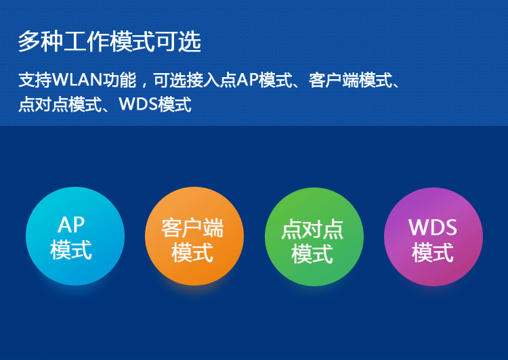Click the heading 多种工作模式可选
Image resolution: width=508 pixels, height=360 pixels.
coord(110,42)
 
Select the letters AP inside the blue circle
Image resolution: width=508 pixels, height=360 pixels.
coord(71,225)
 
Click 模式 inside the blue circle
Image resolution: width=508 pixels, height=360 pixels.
coord(71,250)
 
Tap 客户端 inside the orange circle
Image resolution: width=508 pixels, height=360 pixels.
coord(192,228)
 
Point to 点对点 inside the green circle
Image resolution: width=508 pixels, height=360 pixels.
coord(312,229)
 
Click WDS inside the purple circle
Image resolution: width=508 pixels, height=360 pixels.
coord(433,227)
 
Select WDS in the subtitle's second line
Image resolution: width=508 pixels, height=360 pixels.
coord(138,104)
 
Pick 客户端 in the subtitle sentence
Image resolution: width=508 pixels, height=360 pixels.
coord(334,81)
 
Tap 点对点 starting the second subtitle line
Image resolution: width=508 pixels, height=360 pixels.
coord(43,105)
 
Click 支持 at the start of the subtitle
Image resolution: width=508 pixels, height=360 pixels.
coord(35,80)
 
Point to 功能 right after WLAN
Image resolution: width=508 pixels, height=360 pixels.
coord(119,80)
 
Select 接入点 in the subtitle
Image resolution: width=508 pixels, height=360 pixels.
coord(211,80)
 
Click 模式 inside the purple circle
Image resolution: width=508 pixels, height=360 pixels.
coord(433,252)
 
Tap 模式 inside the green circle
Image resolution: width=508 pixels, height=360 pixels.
coord(312,254)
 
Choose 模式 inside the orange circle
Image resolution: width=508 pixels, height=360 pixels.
coord(192,252)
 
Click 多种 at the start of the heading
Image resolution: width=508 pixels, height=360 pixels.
coord(41,42)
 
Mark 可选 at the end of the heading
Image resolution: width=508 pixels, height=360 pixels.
coord(179,42)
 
